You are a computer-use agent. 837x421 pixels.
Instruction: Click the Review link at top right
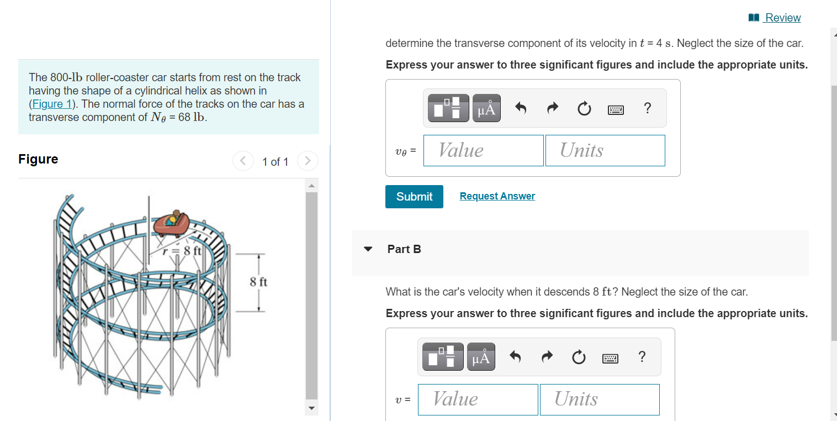click(782, 18)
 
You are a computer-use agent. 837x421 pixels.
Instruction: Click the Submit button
click(414, 197)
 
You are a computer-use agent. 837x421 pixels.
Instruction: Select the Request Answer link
click(497, 196)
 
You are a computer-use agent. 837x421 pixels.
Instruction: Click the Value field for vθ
click(483, 150)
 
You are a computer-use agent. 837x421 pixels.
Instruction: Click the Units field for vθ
click(605, 150)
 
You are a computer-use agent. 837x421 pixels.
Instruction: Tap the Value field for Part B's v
click(478, 399)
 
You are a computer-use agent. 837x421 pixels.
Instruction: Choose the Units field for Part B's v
click(600, 399)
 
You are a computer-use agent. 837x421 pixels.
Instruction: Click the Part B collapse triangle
click(368, 249)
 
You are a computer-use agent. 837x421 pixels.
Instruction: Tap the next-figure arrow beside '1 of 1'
click(308, 161)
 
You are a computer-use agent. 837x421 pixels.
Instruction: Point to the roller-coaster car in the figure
click(172, 222)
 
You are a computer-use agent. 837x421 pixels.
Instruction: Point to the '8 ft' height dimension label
click(258, 282)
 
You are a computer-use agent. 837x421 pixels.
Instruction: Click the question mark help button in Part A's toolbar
click(648, 108)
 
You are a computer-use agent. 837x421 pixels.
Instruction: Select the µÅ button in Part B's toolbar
click(481, 357)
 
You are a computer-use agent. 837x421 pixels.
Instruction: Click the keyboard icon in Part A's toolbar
click(616, 109)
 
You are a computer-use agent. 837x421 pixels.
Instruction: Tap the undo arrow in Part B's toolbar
click(515, 357)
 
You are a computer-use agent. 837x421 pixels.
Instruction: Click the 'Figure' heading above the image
click(38, 159)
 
